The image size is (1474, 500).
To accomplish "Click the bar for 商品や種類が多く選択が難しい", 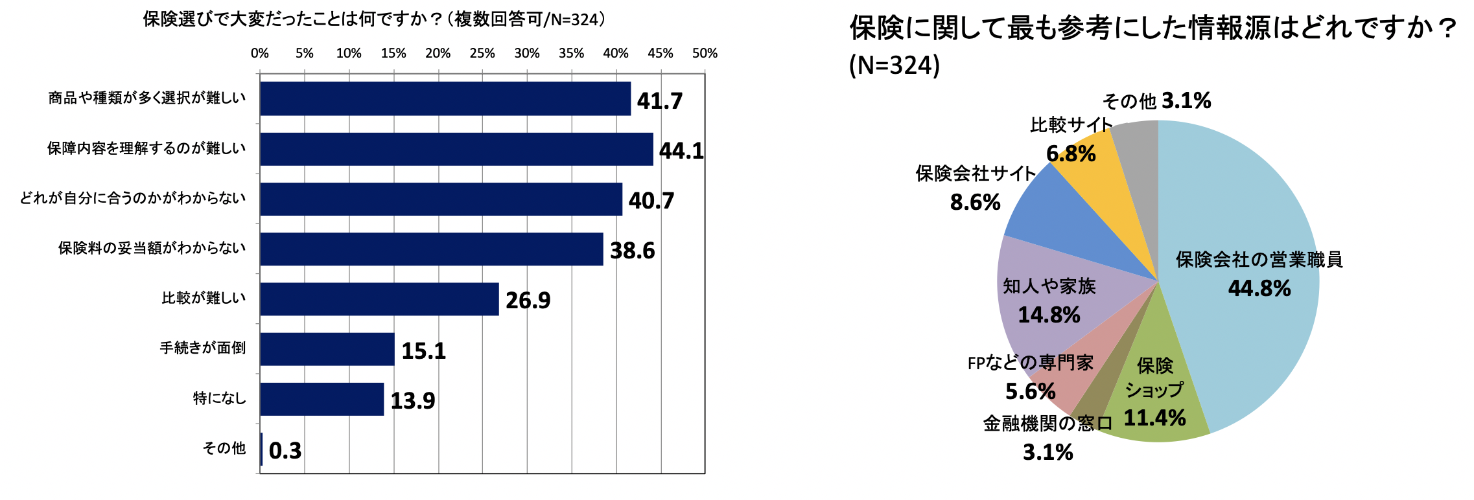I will tap(445, 98).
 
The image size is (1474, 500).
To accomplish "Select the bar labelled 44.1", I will tap(456, 149).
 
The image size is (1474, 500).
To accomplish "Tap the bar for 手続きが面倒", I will tap(327, 349).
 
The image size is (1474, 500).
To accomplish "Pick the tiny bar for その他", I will tap(261, 449).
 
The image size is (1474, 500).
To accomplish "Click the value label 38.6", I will tap(632, 251).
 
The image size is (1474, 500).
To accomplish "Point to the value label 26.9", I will tap(528, 301).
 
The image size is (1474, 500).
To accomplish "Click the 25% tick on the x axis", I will tap(482, 54).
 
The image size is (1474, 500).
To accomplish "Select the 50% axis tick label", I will tap(705, 54).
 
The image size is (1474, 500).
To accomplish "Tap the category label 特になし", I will tap(220, 398).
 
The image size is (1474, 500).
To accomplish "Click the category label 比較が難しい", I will tap(204, 298).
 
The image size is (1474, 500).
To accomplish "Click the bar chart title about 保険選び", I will tap(375, 19).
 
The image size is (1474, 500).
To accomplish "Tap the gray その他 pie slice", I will tap(1138, 146).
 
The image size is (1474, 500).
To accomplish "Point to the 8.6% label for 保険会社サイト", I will tap(975, 203).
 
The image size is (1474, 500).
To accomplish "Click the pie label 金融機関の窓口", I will tap(1047, 424).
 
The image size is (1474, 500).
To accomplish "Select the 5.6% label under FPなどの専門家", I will tap(1030, 391).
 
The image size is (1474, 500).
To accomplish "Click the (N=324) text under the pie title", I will tap(895, 65).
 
